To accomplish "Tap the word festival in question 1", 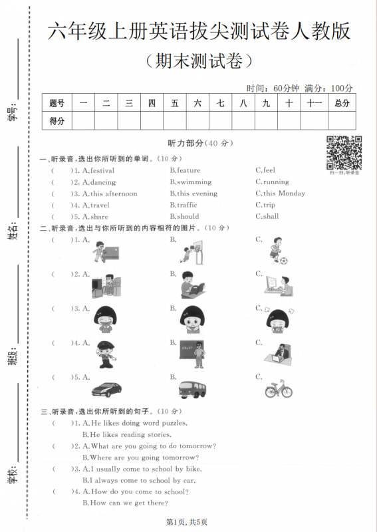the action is coord(102,170).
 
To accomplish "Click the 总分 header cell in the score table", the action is coord(342,102).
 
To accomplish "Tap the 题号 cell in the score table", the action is coord(57,102).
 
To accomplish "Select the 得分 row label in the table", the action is coord(57,120).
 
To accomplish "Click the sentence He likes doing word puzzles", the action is coord(139,423).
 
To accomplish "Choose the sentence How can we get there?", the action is coord(129,503).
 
